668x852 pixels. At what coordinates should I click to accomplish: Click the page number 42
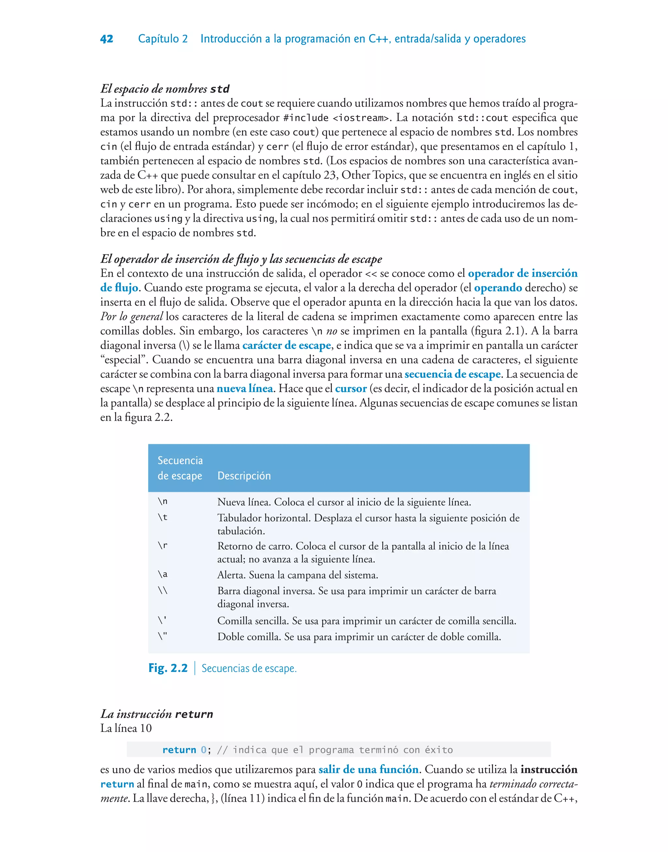tap(107, 39)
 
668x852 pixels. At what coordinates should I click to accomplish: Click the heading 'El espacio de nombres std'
tap(165, 89)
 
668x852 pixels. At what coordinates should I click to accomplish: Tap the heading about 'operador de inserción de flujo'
tap(241, 259)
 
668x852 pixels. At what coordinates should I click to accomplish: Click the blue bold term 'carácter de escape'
tap(287, 345)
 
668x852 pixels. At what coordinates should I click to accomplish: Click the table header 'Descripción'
tap(244, 476)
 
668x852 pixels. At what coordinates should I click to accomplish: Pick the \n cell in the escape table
tap(163, 502)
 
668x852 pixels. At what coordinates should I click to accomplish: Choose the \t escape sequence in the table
tap(163, 518)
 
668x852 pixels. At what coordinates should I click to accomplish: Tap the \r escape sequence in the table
tap(163, 546)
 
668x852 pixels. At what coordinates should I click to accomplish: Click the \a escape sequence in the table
tap(163, 574)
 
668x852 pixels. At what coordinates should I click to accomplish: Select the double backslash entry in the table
tap(163, 590)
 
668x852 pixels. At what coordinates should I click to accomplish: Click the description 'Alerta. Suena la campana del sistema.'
tap(297, 575)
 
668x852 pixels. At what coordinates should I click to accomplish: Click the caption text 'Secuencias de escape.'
tap(249, 669)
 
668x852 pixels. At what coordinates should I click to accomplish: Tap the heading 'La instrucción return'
tap(157, 714)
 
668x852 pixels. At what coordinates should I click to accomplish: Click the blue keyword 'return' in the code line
tap(179, 750)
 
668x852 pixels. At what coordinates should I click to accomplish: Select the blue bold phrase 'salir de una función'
tap(369, 769)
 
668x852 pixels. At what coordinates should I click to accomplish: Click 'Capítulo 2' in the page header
tap(163, 39)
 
